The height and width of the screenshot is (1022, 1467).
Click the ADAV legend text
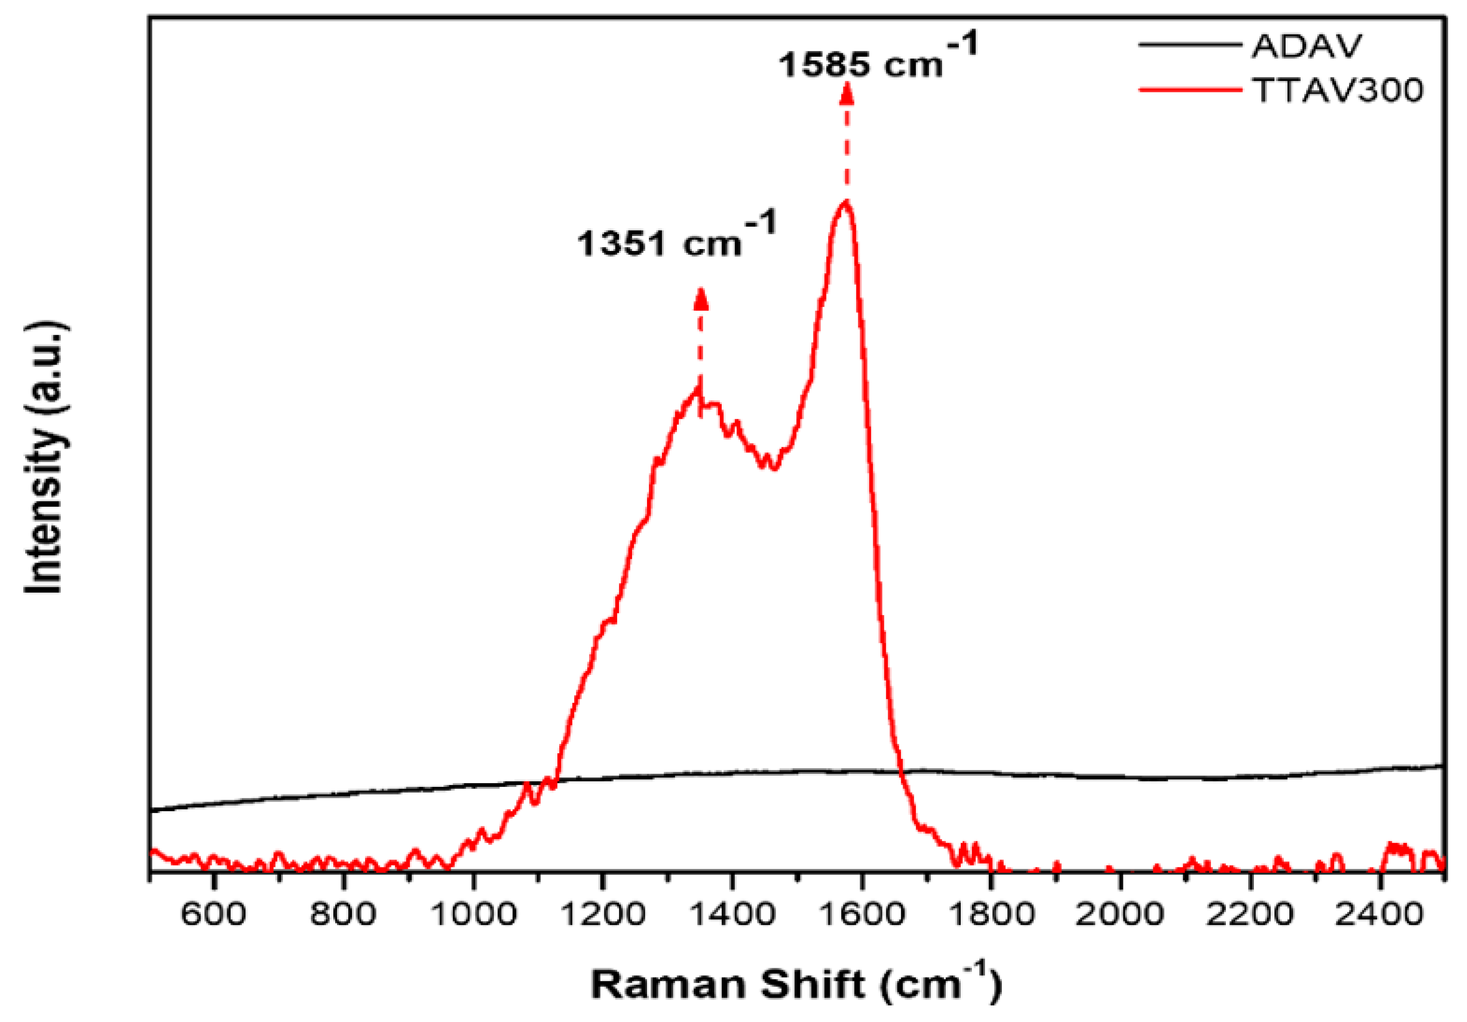point(1307,46)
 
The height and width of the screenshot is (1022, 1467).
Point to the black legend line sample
point(1189,45)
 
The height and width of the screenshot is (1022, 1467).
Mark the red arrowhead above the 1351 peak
point(701,299)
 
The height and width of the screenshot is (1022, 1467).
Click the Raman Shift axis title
point(796,984)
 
